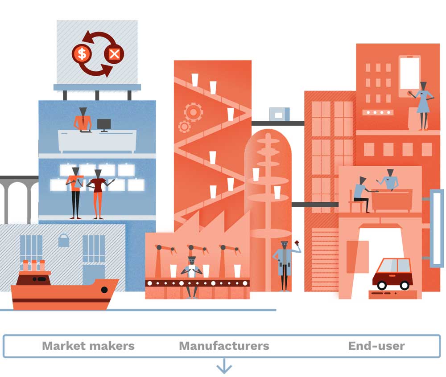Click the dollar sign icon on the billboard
pyautogui.click(x=82, y=53)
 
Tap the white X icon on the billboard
pyautogui.click(x=114, y=53)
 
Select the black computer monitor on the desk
pyautogui.click(x=104, y=125)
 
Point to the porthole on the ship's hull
pyautogui.click(x=104, y=290)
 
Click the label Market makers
pyautogui.click(x=88, y=346)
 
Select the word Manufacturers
pyautogui.click(x=224, y=346)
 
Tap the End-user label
pyautogui.click(x=376, y=346)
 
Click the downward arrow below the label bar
pyautogui.click(x=224, y=366)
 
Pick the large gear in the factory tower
pyautogui.click(x=194, y=112)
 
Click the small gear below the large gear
pyautogui.click(x=184, y=126)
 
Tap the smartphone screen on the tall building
pyautogui.click(x=409, y=74)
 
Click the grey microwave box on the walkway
pyautogui.click(x=280, y=114)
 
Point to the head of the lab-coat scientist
pyautogui.click(x=285, y=245)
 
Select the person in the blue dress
pyautogui.click(x=423, y=106)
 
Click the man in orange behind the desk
pyautogui.click(x=83, y=119)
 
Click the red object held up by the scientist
pyautogui.click(x=297, y=242)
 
